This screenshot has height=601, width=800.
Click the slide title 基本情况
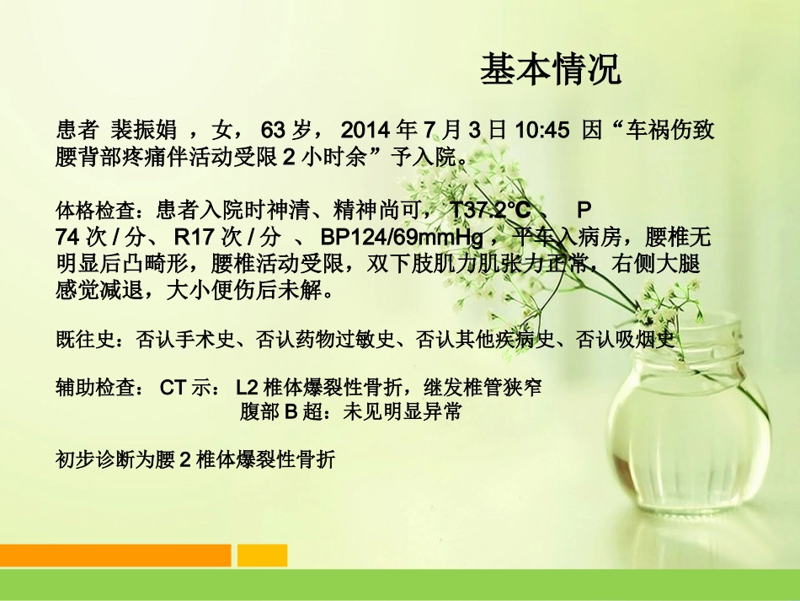click(551, 70)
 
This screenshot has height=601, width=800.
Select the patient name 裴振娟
click(144, 130)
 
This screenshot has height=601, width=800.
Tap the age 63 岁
click(286, 130)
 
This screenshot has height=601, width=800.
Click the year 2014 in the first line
click(367, 130)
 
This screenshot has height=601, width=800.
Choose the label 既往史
click(82, 341)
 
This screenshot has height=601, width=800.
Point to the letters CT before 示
click(173, 389)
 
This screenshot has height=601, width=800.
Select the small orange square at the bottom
click(262, 555)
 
